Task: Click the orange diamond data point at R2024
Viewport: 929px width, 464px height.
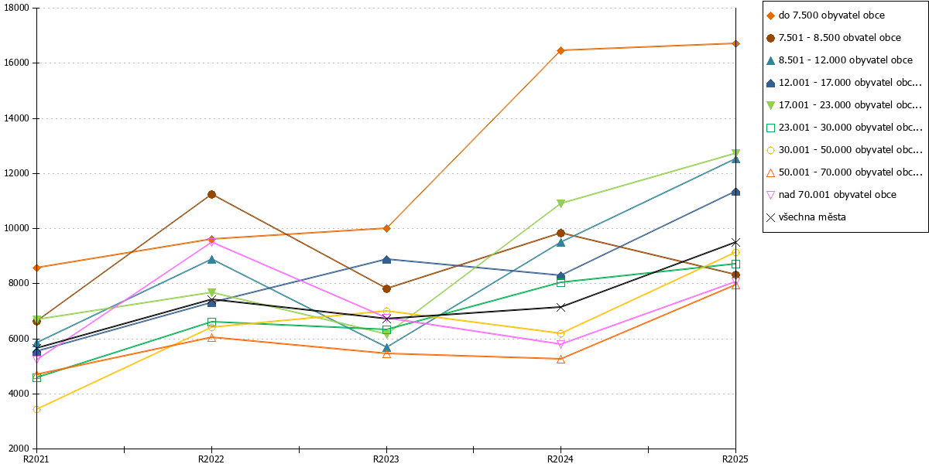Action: coord(560,50)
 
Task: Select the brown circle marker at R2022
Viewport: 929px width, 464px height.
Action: coord(211,195)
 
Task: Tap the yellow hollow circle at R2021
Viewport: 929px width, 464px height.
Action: coord(36,409)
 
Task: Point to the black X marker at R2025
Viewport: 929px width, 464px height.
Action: coord(735,242)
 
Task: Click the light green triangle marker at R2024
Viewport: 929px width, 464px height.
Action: coord(560,203)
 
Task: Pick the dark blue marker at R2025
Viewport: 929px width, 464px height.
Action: coord(735,192)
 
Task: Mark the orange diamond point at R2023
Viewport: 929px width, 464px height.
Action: coord(386,228)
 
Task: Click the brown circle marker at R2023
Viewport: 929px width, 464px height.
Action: coord(386,288)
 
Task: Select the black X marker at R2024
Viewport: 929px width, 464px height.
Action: coord(560,308)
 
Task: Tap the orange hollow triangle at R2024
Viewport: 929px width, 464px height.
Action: coord(560,359)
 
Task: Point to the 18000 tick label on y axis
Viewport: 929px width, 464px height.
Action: coord(16,8)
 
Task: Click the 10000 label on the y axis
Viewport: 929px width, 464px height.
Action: coord(16,228)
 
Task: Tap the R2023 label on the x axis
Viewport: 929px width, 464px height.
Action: coord(386,459)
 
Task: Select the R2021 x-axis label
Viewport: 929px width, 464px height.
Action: coord(36,459)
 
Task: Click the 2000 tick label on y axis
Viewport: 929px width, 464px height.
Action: coord(19,449)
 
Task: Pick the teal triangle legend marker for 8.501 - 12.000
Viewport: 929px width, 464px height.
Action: coord(770,60)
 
